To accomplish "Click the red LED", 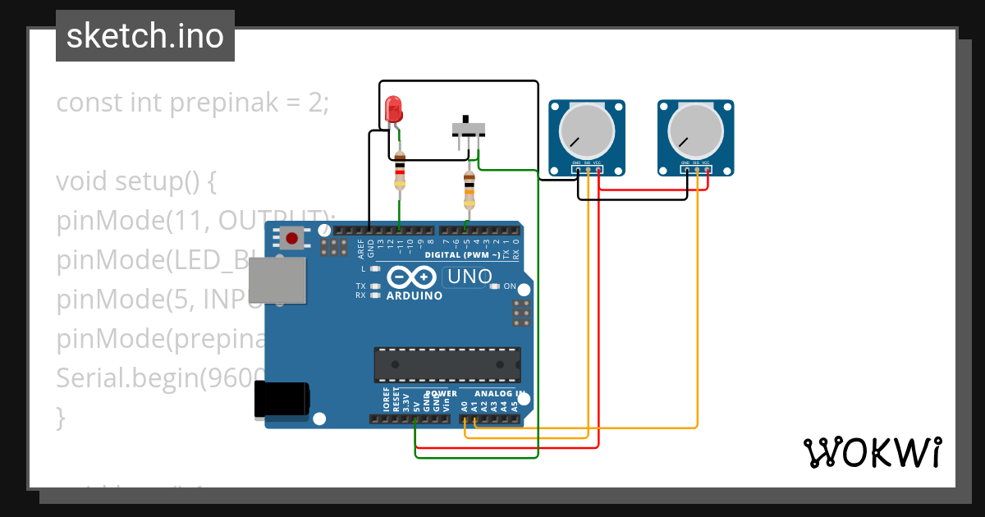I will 393,109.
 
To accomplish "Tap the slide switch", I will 468,129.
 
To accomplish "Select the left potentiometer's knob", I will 586,131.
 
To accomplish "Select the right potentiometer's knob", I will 695,131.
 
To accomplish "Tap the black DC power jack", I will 282,400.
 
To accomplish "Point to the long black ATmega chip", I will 447,364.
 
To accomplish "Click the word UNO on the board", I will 470,277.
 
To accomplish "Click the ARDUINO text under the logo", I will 414,295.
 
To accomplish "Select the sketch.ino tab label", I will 145,36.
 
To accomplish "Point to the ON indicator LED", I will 495,286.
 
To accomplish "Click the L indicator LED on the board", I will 375,269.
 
